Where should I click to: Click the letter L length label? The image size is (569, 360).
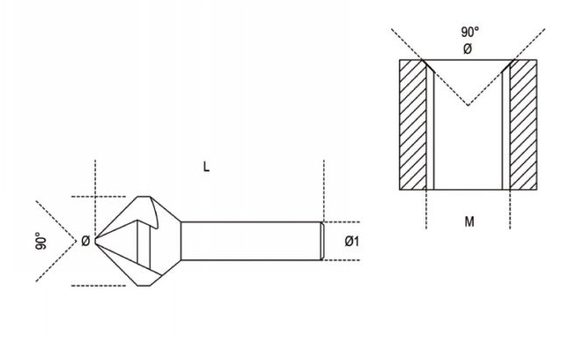click(x=206, y=166)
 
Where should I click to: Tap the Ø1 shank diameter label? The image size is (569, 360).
click(x=352, y=241)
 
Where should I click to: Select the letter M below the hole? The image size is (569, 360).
click(x=469, y=222)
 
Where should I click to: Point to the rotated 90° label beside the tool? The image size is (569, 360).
click(x=41, y=241)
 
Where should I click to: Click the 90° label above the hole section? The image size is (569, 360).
click(x=470, y=32)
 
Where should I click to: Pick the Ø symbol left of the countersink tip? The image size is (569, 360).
click(x=85, y=241)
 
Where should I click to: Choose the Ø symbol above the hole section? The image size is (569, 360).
click(x=467, y=49)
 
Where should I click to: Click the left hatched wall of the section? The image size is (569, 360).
click(x=412, y=124)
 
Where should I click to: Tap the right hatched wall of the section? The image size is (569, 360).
click(x=523, y=124)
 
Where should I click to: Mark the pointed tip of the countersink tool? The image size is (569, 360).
click(x=95, y=241)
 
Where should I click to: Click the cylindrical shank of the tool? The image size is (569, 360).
click(x=251, y=241)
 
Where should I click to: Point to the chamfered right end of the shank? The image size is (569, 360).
click(x=322, y=241)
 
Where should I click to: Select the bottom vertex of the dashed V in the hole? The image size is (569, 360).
click(x=468, y=105)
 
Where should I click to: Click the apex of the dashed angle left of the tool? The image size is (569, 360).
click(x=76, y=241)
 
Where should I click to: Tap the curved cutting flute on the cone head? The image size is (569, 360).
click(x=155, y=214)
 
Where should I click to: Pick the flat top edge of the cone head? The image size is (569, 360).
click(x=144, y=197)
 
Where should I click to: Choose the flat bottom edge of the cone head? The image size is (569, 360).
click(x=144, y=286)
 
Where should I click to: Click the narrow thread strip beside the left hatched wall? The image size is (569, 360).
click(x=430, y=129)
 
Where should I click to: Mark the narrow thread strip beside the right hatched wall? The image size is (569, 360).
click(x=506, y=129)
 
